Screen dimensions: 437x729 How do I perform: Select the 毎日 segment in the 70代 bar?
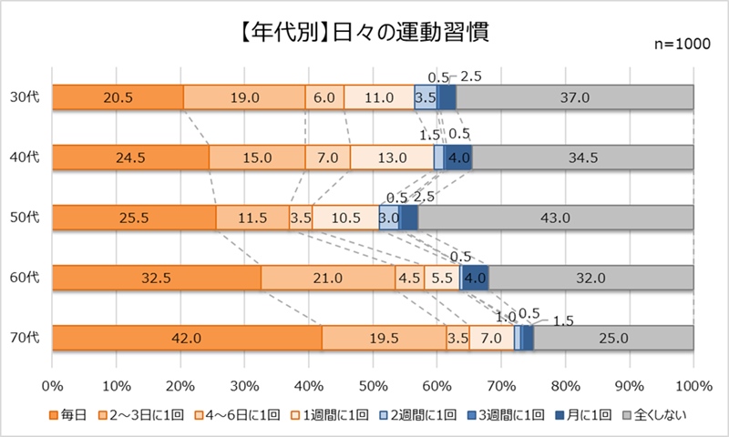point(187,338)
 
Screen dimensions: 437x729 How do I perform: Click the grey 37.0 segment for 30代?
point(574,97)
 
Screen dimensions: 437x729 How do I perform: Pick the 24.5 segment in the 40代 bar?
point(130,158)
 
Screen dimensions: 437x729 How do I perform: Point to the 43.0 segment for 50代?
point(555,218)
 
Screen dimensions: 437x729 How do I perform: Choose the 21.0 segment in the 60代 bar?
point(327,278)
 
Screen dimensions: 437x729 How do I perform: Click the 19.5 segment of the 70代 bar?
point(384,338)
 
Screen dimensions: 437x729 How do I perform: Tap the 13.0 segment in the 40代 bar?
point(392,158)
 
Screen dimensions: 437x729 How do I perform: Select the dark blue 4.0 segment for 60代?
point(475,278)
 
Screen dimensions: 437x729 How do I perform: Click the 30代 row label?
point(25,97)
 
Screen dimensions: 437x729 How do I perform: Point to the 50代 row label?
point(25,218)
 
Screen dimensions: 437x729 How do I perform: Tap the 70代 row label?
point(25,338)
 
